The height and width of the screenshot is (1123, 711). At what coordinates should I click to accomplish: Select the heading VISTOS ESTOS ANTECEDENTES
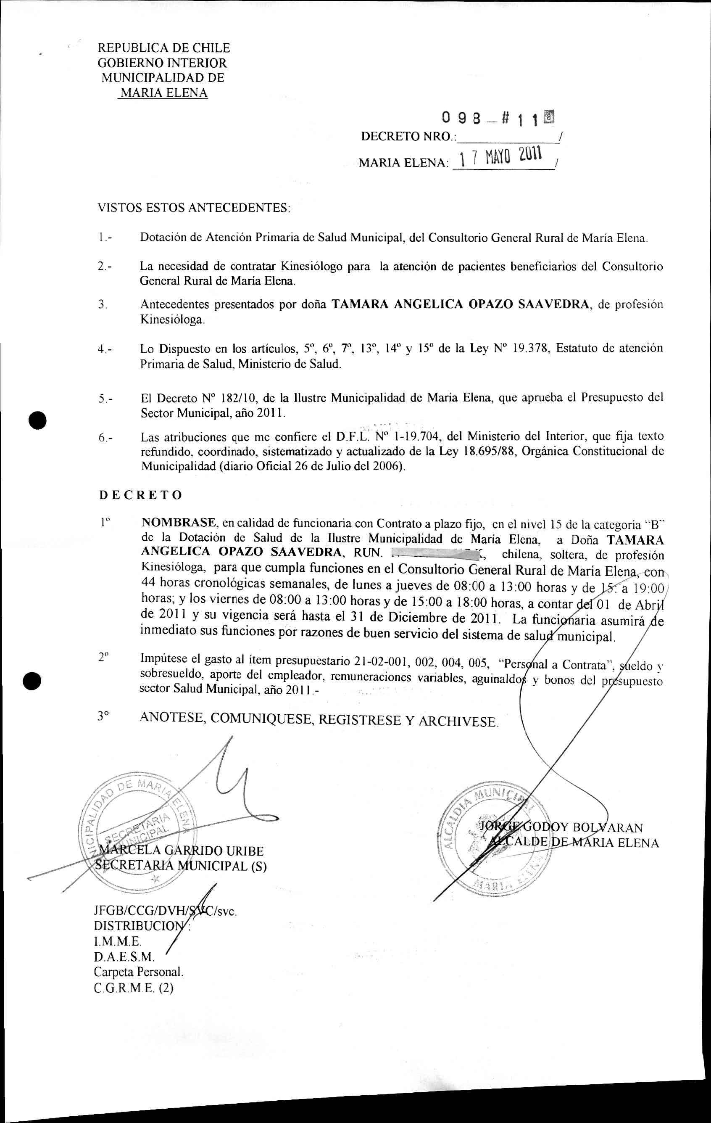(x=193, y=208)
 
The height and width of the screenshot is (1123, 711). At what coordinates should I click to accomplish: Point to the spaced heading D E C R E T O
(x=141, y=495)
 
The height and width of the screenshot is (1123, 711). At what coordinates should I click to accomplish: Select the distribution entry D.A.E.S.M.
(x=124, y=956)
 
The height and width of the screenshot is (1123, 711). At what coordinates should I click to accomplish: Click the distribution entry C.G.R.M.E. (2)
(x=133, y=987)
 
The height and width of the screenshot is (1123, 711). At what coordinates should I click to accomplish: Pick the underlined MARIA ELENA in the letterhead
(x=163, y=93)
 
